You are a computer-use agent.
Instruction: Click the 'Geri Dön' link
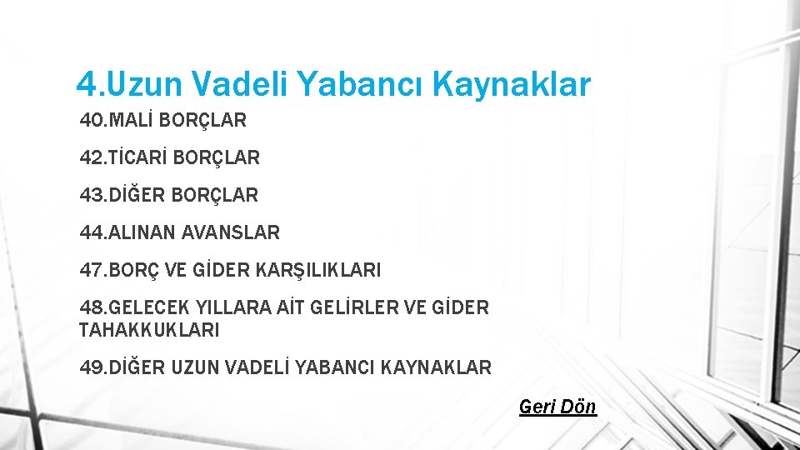click(557, 407)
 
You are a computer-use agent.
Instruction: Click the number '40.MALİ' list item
click(116, 120)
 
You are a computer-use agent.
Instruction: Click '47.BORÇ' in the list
click(121, 270)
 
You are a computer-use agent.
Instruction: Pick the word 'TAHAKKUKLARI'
click(149, 330)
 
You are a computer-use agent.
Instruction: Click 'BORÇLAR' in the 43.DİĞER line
click(215, 195)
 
